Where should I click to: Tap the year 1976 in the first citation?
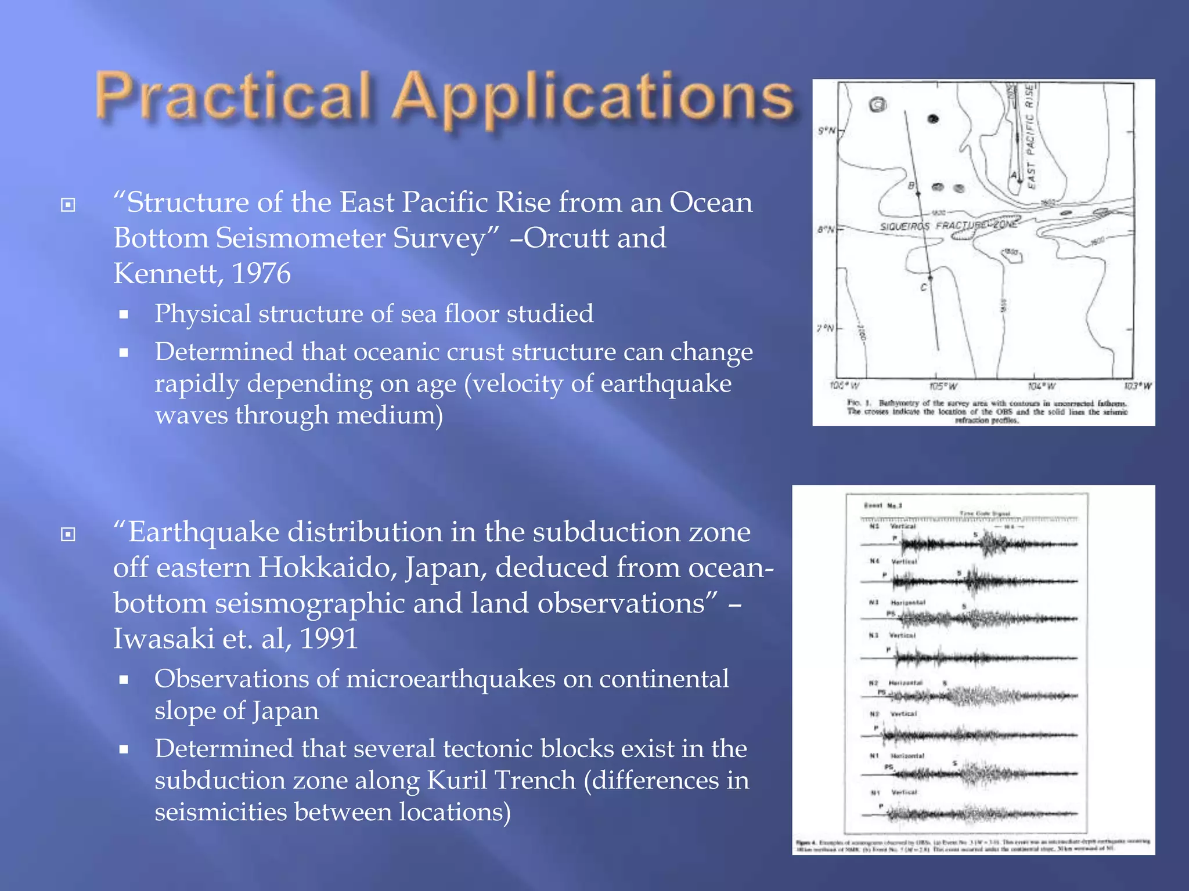[x=261, y=274]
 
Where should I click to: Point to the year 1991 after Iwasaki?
[x=329, y=639]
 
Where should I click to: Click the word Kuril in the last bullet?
[x=457, y=780]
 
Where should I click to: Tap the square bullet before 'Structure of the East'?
[x=68, y=205]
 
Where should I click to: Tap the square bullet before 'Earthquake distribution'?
[x=68, y=534]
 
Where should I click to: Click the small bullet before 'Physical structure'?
[x=123, y=315]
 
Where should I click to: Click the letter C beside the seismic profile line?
[x=923, y=287]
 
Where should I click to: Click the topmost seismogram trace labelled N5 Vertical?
[x=981, y=544]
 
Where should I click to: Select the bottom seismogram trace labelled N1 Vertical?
[x=981, y=814]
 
